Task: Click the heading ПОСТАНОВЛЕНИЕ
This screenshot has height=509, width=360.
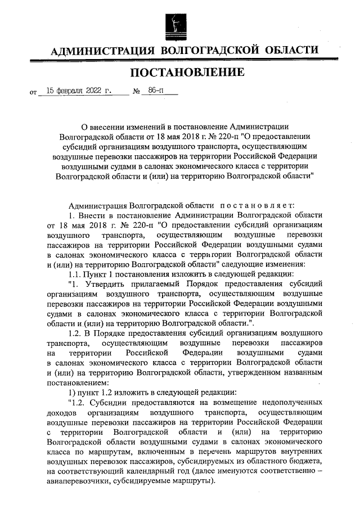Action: [188, 72]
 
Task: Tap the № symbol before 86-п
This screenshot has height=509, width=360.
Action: [136, 91]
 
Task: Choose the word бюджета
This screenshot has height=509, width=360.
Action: [308, 461]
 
